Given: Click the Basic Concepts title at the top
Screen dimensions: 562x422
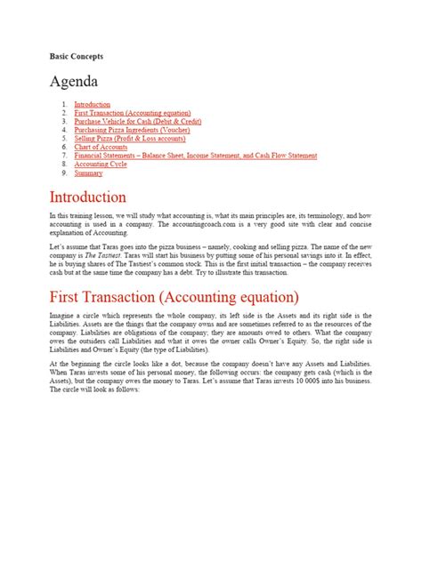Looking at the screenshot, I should [77, 56].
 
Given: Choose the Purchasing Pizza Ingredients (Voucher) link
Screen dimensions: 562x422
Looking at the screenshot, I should [144, 130].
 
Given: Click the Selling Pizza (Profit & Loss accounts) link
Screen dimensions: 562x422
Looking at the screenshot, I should [142, 139].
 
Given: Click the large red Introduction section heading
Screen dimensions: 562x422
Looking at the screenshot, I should [88, 197].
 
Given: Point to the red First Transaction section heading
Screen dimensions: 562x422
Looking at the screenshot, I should [174, 295].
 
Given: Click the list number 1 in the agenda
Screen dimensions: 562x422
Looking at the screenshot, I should [65, 104].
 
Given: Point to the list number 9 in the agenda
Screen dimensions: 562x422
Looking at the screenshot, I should [65, 173].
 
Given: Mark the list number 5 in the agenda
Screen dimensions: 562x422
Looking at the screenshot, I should [65, 139].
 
